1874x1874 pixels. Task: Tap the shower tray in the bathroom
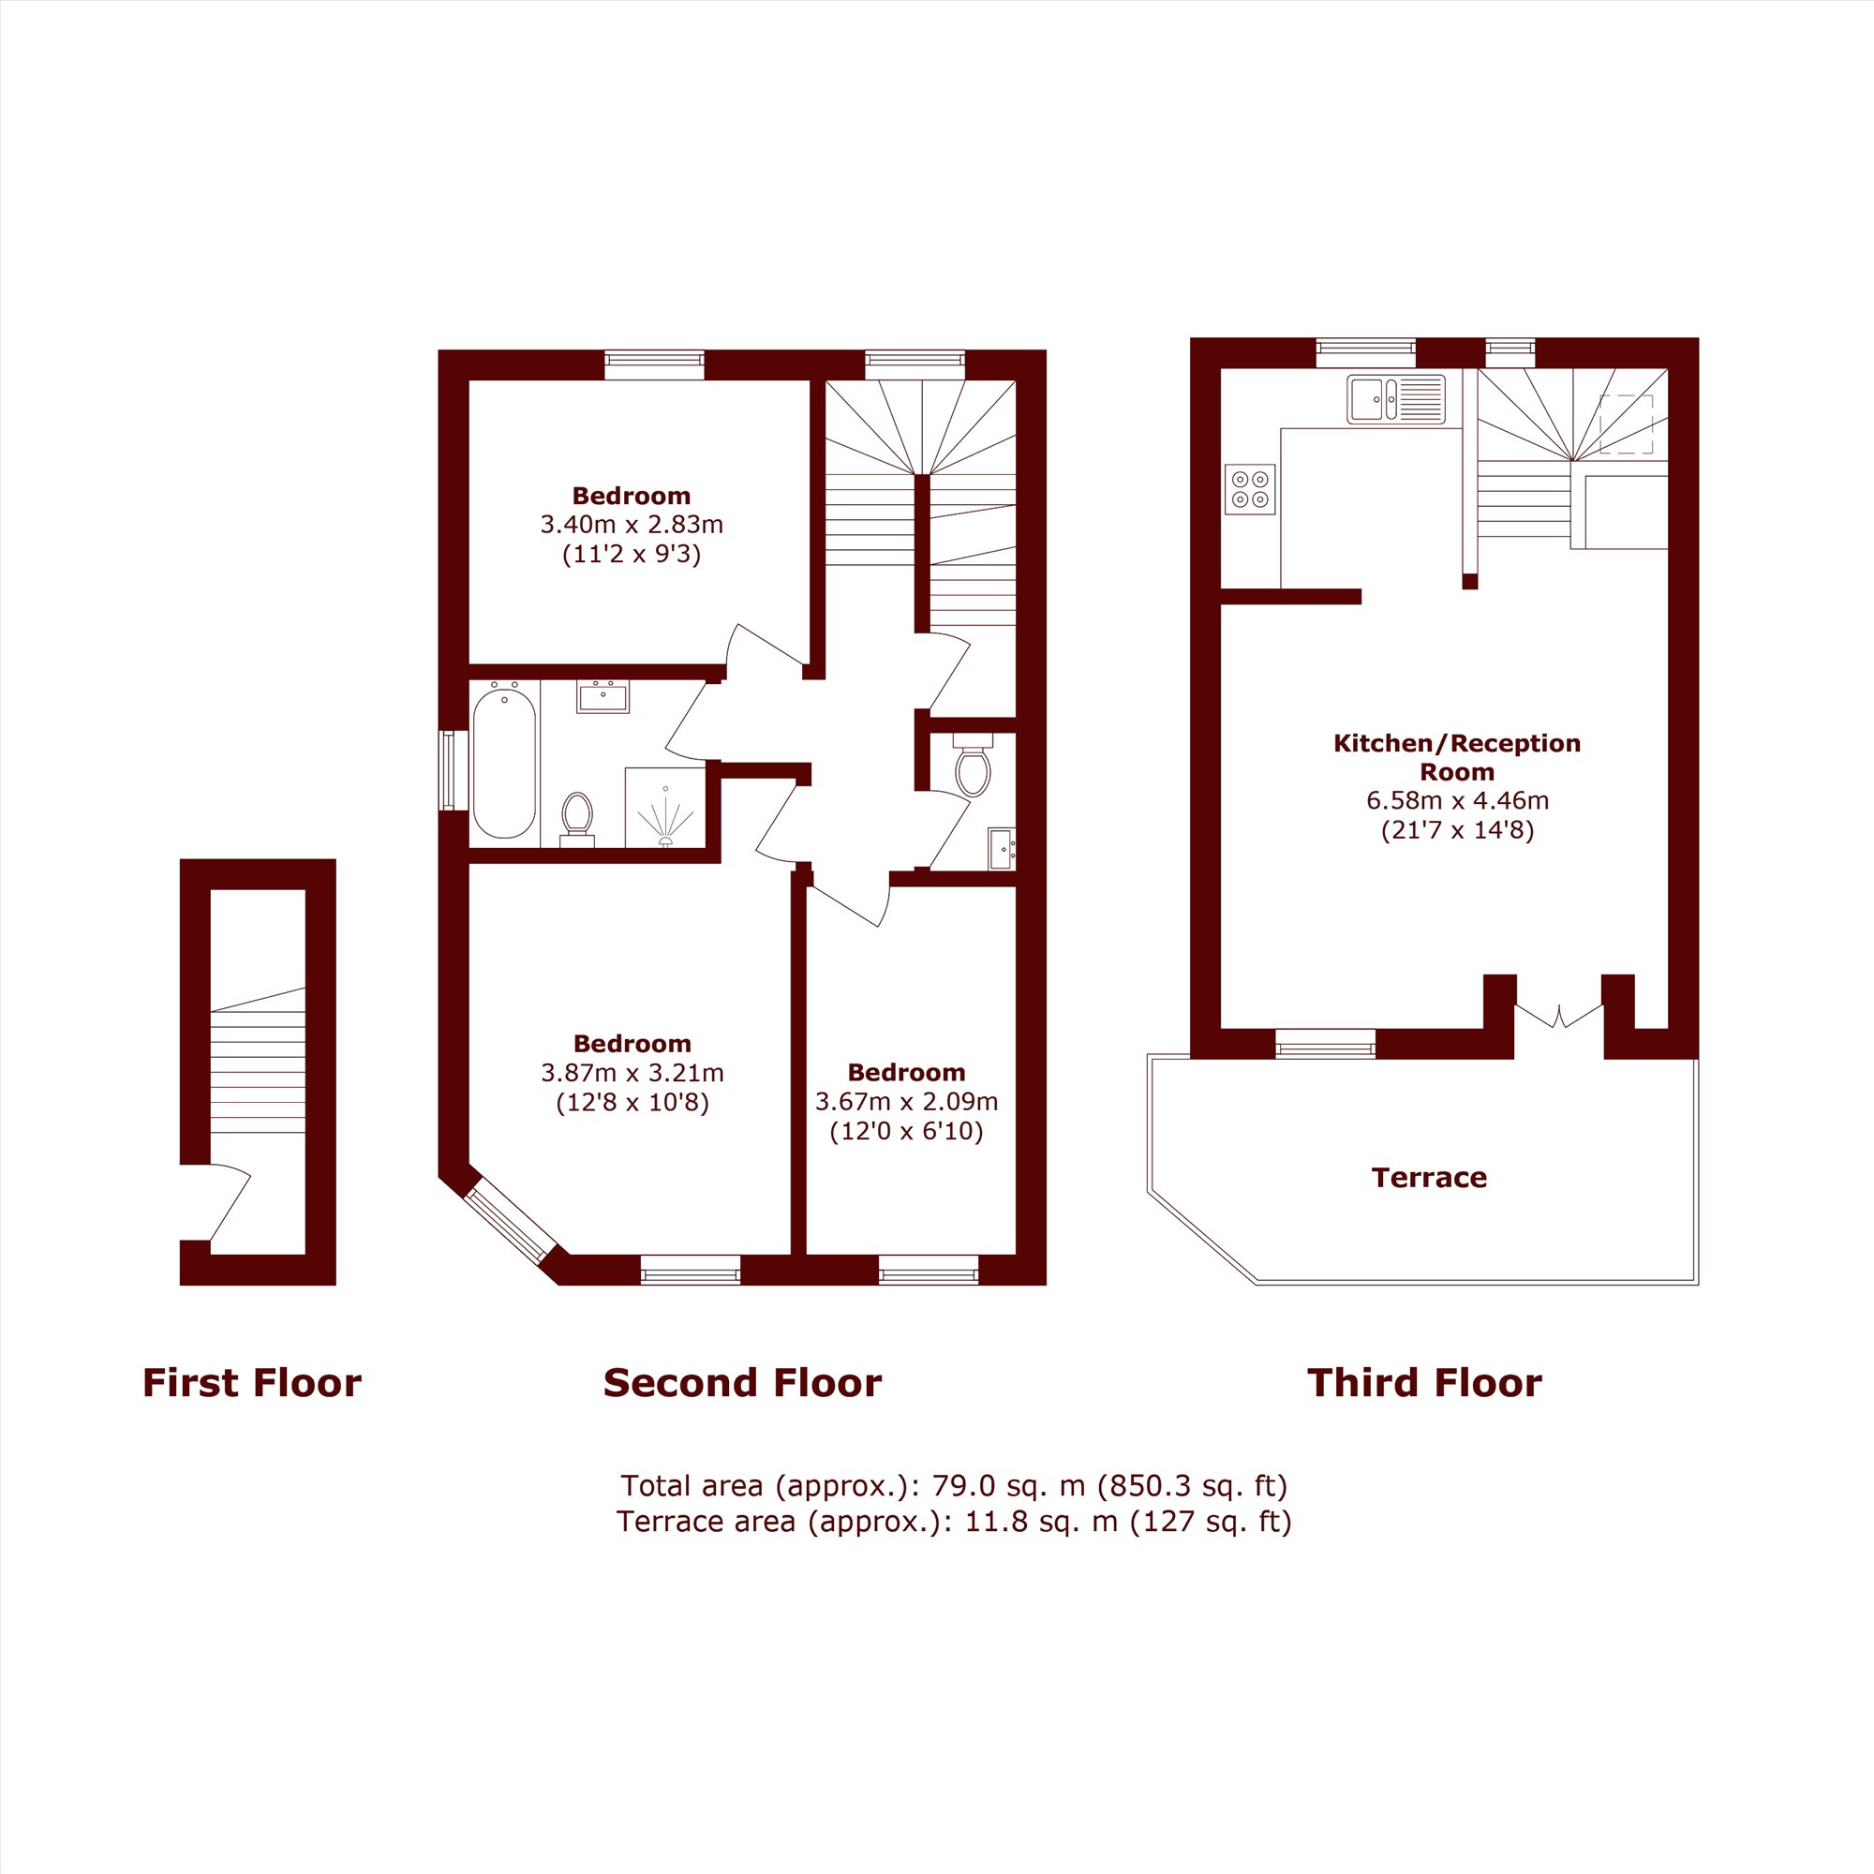coord(665,807)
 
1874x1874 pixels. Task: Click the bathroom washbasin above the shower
coord(602,696)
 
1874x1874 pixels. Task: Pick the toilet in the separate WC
coord(973,766)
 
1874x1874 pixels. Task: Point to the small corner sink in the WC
coord(1002,849)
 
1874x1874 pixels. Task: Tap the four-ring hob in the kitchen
coord(1249,489)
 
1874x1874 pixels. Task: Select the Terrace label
coord(1429,1178)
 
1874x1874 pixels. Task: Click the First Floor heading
coord(252,1382)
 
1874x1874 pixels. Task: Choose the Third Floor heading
coord(1424,1382)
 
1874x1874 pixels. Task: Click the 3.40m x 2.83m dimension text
coord(632,525)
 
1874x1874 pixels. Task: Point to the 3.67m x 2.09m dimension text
coord(906,1102)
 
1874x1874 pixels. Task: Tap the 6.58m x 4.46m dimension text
coord(1457,801)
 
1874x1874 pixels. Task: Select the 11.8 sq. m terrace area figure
coord(1042,1521)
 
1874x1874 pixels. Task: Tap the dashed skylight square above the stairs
coord(1626,424)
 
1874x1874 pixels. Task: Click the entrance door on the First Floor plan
coord(230,1203)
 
